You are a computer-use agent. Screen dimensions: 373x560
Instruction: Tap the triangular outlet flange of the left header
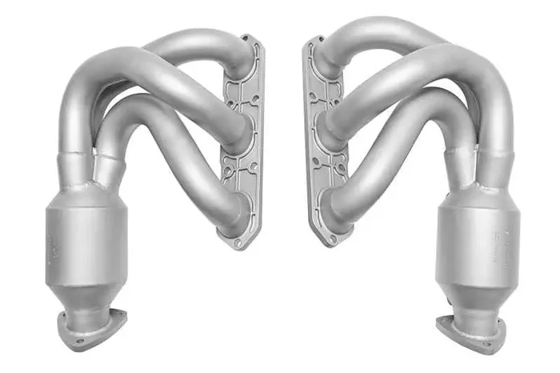coord(90,328)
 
